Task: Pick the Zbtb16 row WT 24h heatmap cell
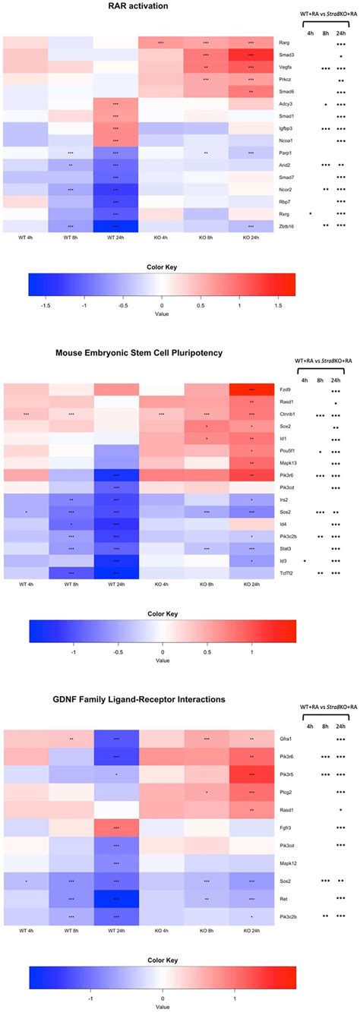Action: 115,225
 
